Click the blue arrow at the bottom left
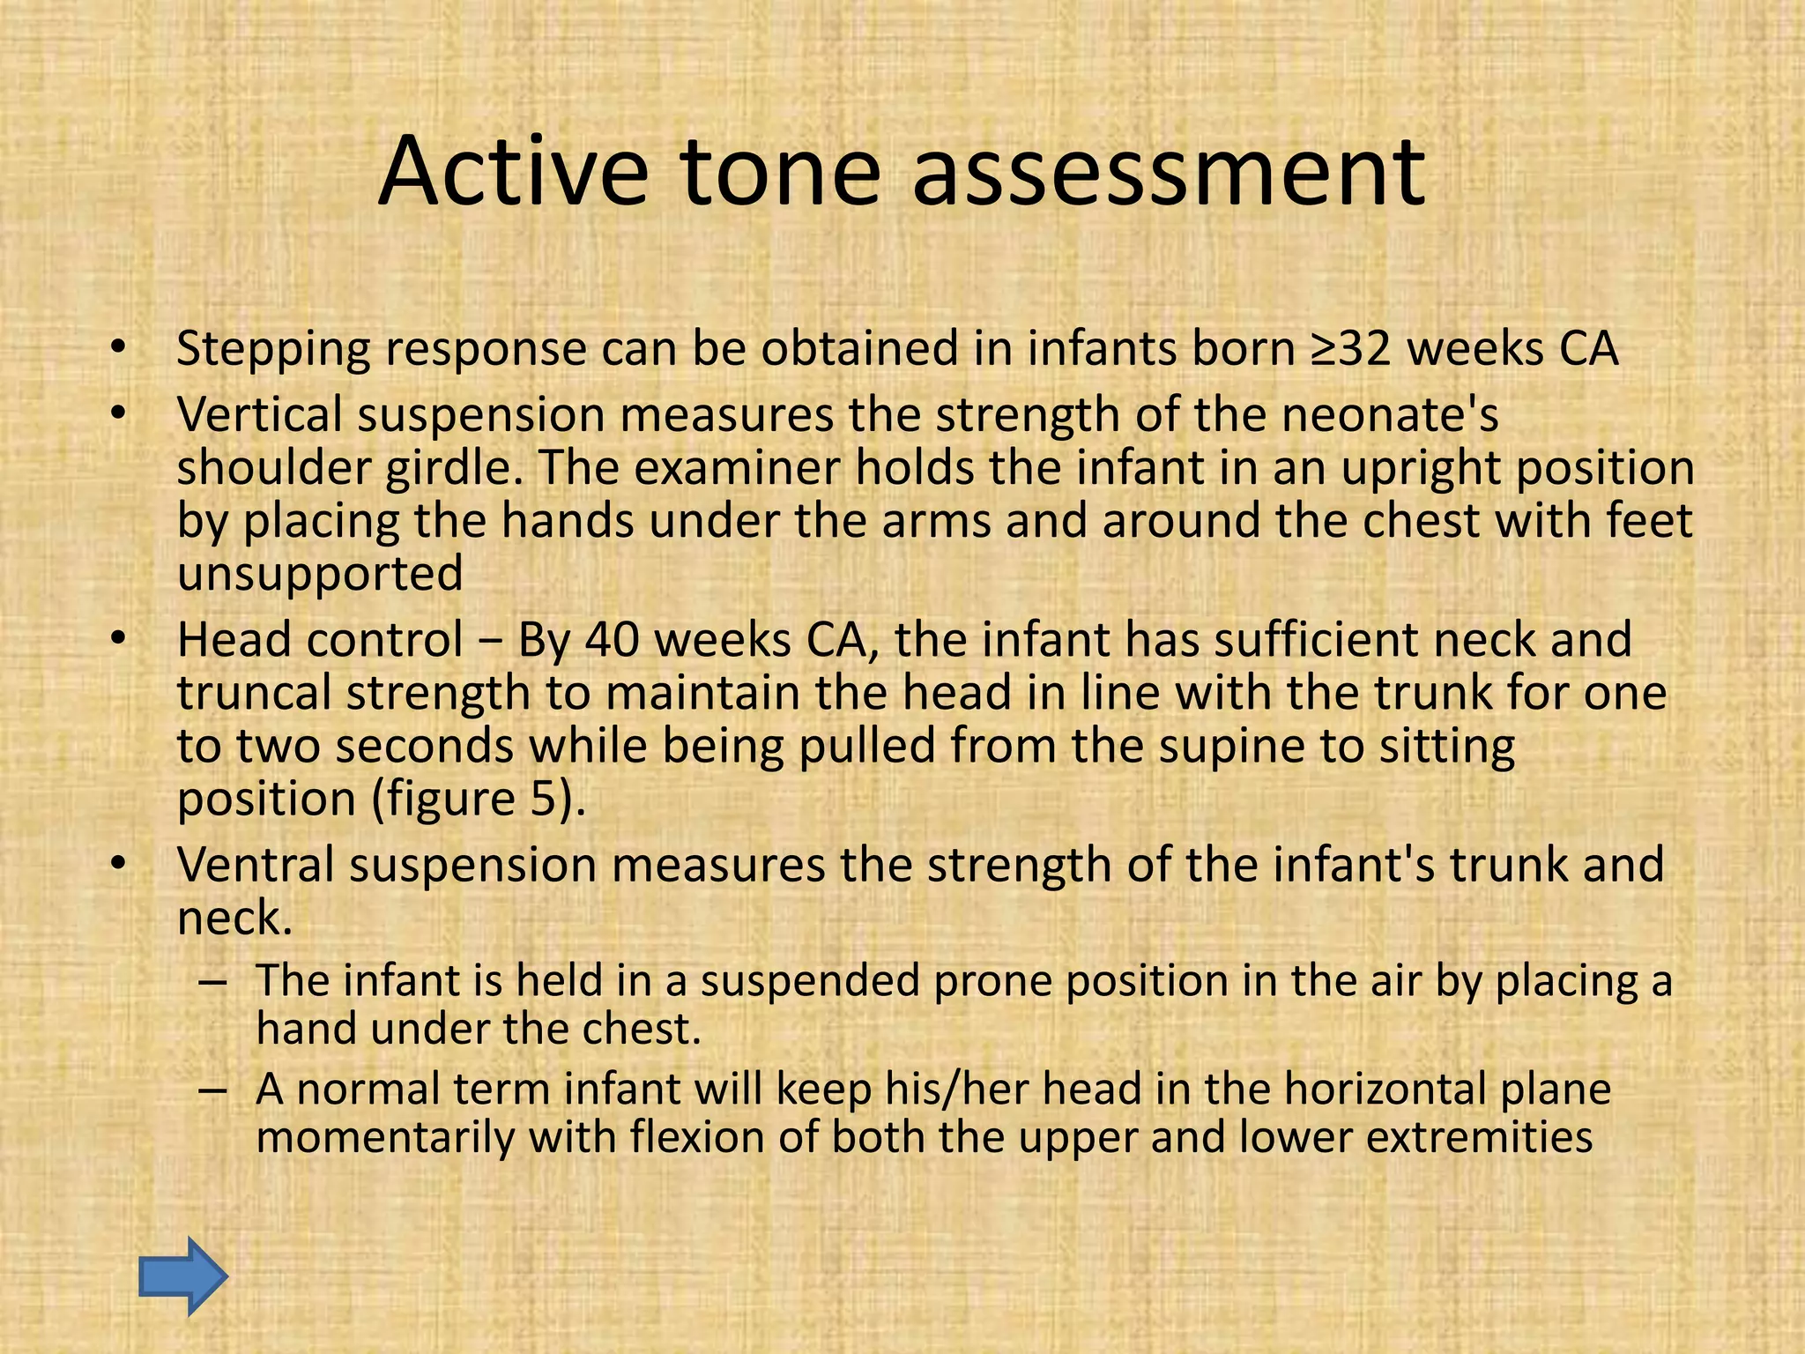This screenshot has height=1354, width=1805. [183, 1276]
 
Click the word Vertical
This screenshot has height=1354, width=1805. [259, 415]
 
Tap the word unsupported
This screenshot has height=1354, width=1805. [320, 574]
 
